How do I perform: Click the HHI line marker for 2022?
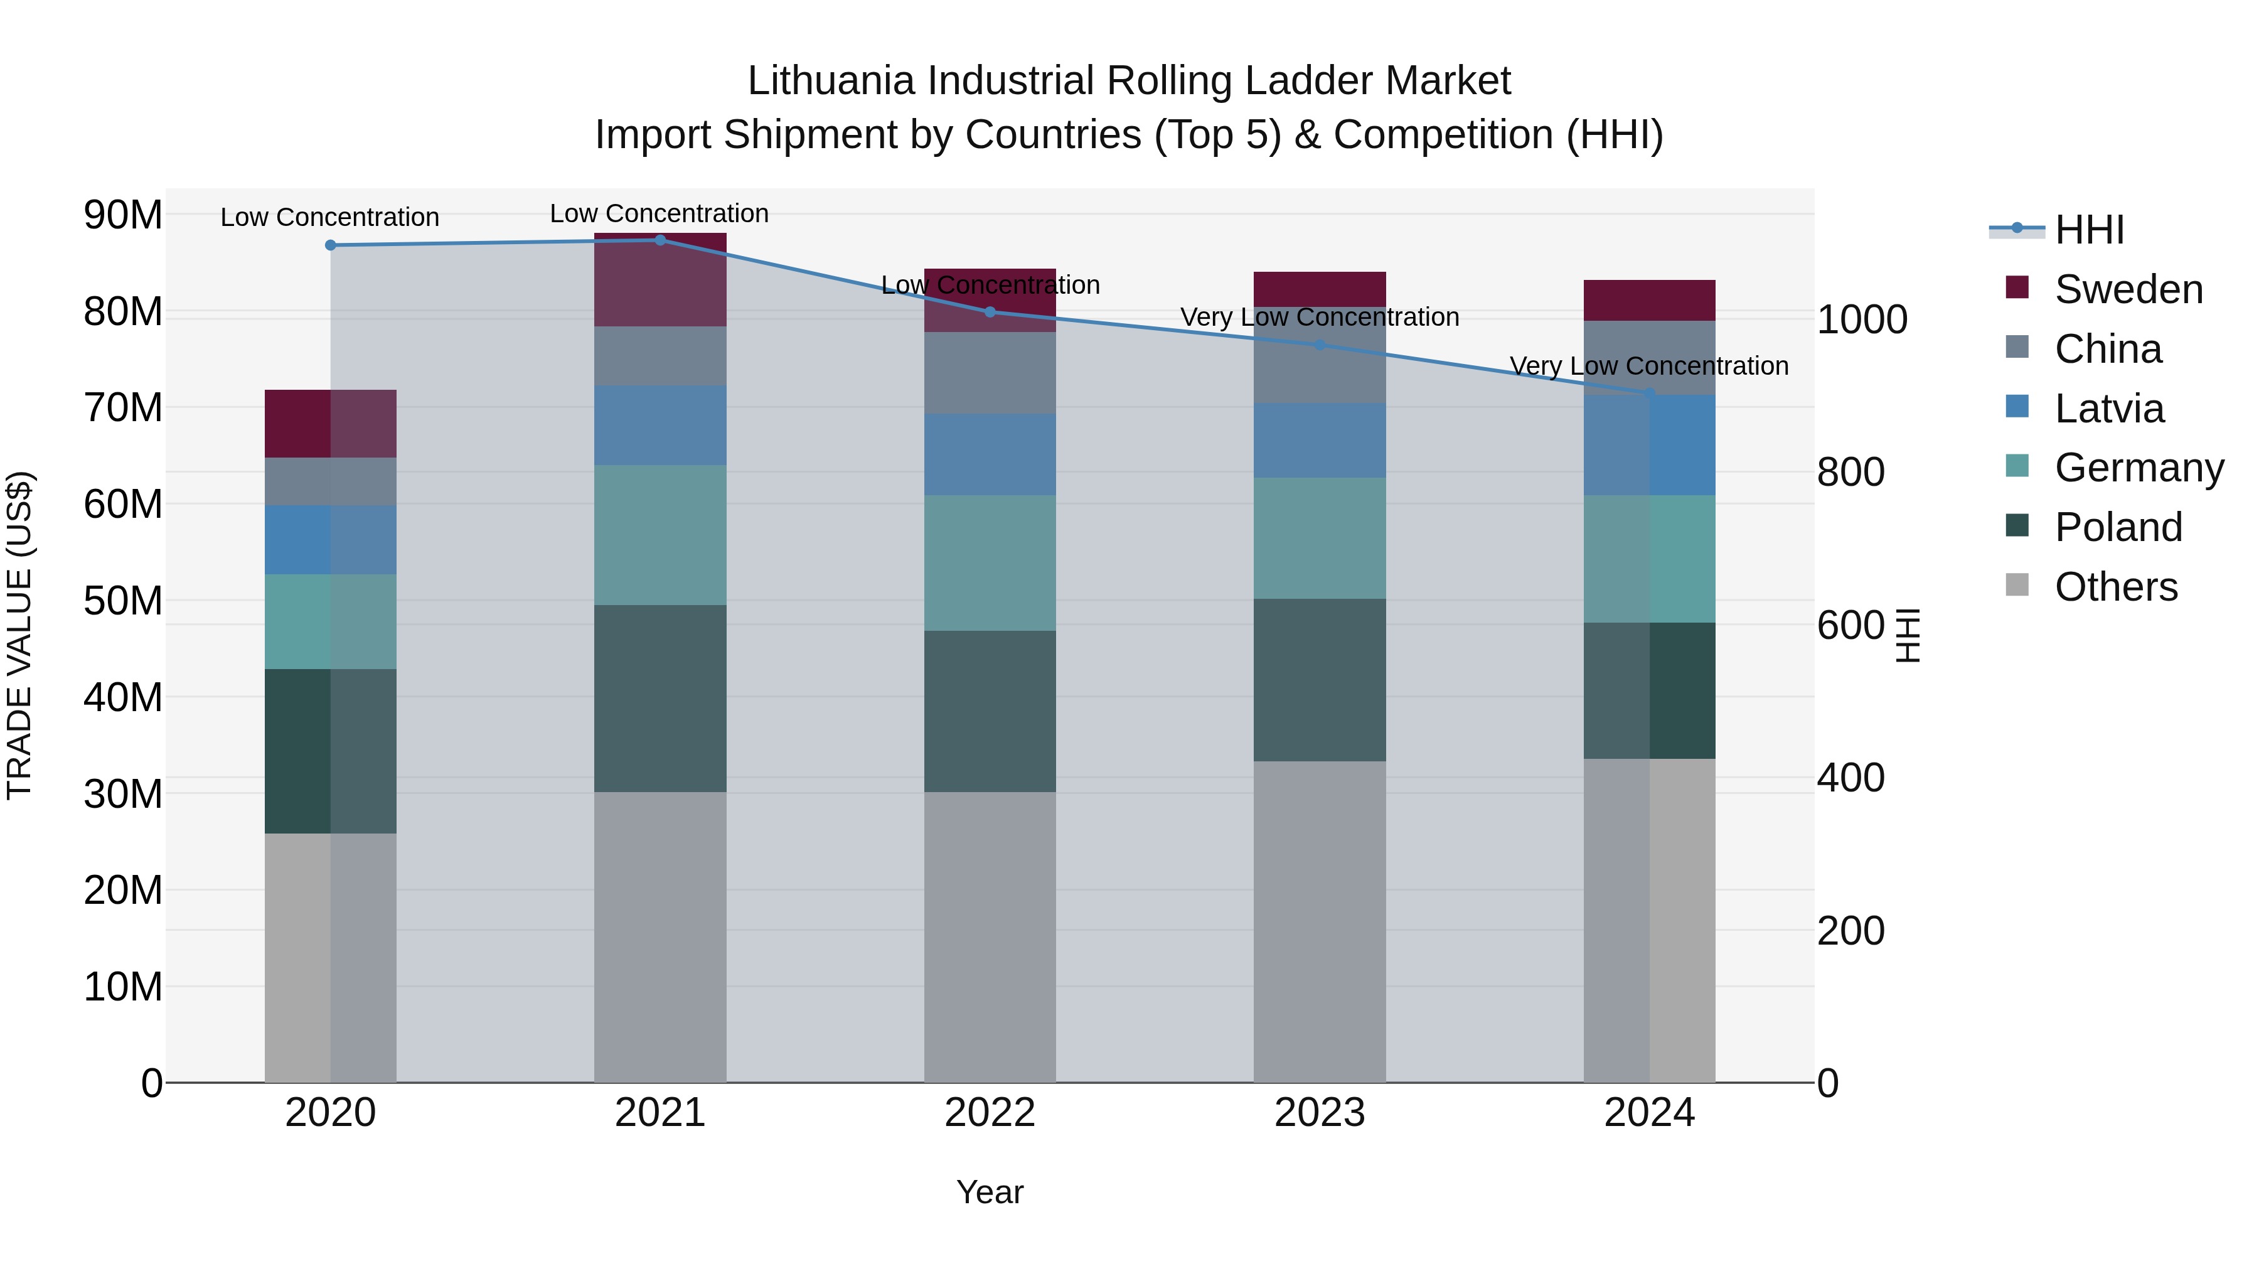(990, 311)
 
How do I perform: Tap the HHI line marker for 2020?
(331, 245)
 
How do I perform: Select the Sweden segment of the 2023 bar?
(1320, 289)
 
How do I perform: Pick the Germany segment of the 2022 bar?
(990, 562)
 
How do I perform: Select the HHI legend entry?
(2088, 230)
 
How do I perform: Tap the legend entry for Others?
(2115, 587)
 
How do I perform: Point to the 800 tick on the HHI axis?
(1850, 472)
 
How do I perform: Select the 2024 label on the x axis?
(1648, 1113)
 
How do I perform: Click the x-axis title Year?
(990, 1192)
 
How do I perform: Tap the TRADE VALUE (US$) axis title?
(20, 635)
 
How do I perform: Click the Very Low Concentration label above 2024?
(1648, 366)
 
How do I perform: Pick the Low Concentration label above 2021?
(660, 213)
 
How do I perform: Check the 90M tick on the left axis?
(123, 215)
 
